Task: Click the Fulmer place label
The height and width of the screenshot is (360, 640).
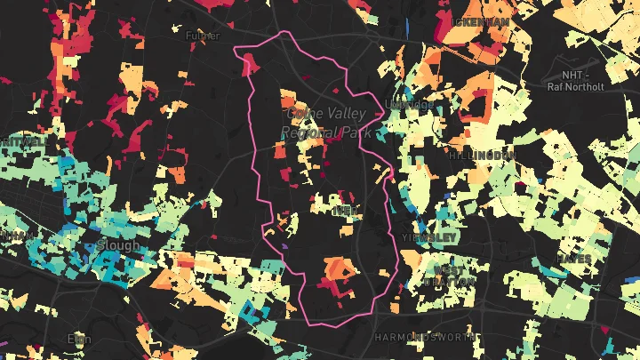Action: coord(202,36)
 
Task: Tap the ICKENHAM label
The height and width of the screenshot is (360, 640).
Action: coord(480,21)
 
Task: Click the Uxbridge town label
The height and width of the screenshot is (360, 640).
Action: coord(411,105)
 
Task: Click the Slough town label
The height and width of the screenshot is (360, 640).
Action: coord(119,244)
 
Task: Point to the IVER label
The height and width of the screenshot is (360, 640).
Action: coord(343,211)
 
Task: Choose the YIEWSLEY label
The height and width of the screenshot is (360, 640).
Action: coord(429,238)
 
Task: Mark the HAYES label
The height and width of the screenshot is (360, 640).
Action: coord(574,260)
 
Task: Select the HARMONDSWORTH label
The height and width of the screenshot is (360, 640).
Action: coord(415,338)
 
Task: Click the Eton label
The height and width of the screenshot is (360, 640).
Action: coord(80,339)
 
